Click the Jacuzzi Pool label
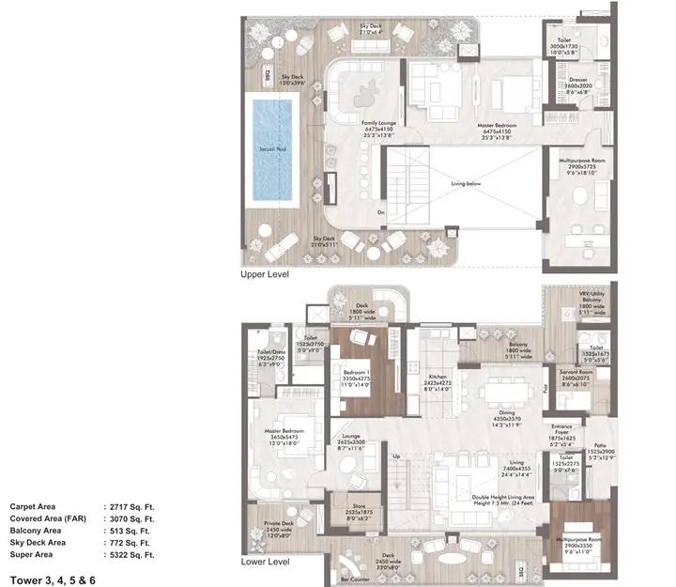click(x=271, y=149)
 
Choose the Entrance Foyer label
click(x=570, y=430)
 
